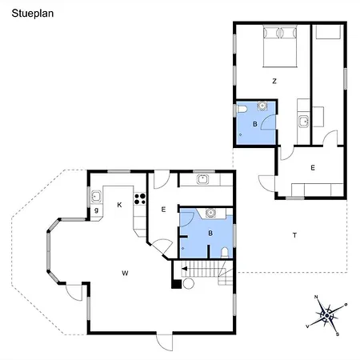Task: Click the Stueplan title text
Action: pos(33,14)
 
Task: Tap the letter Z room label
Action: pos(274,81)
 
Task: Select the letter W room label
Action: pos(125,273)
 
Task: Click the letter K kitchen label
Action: pos(119,205)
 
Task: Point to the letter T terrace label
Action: pos(294,235)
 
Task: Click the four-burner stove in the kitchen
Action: pos(140,199)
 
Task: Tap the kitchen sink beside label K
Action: pos(96,197)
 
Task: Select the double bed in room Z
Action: pos(280,46)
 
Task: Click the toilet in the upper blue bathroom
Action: pos(242,110)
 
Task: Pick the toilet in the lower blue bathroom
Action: pos(225,253)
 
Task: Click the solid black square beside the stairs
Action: pos(176,284)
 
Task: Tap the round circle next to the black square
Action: pos(189,283)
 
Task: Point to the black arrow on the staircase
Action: pos(184,269)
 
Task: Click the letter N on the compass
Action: pos(316,297)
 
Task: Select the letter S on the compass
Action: pos(338,334)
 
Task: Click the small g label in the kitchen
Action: pos(96,210)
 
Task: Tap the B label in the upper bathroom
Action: pos(255,124)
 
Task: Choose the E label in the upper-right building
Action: pos(313,168)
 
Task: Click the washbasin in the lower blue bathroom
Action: pos(210,213)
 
